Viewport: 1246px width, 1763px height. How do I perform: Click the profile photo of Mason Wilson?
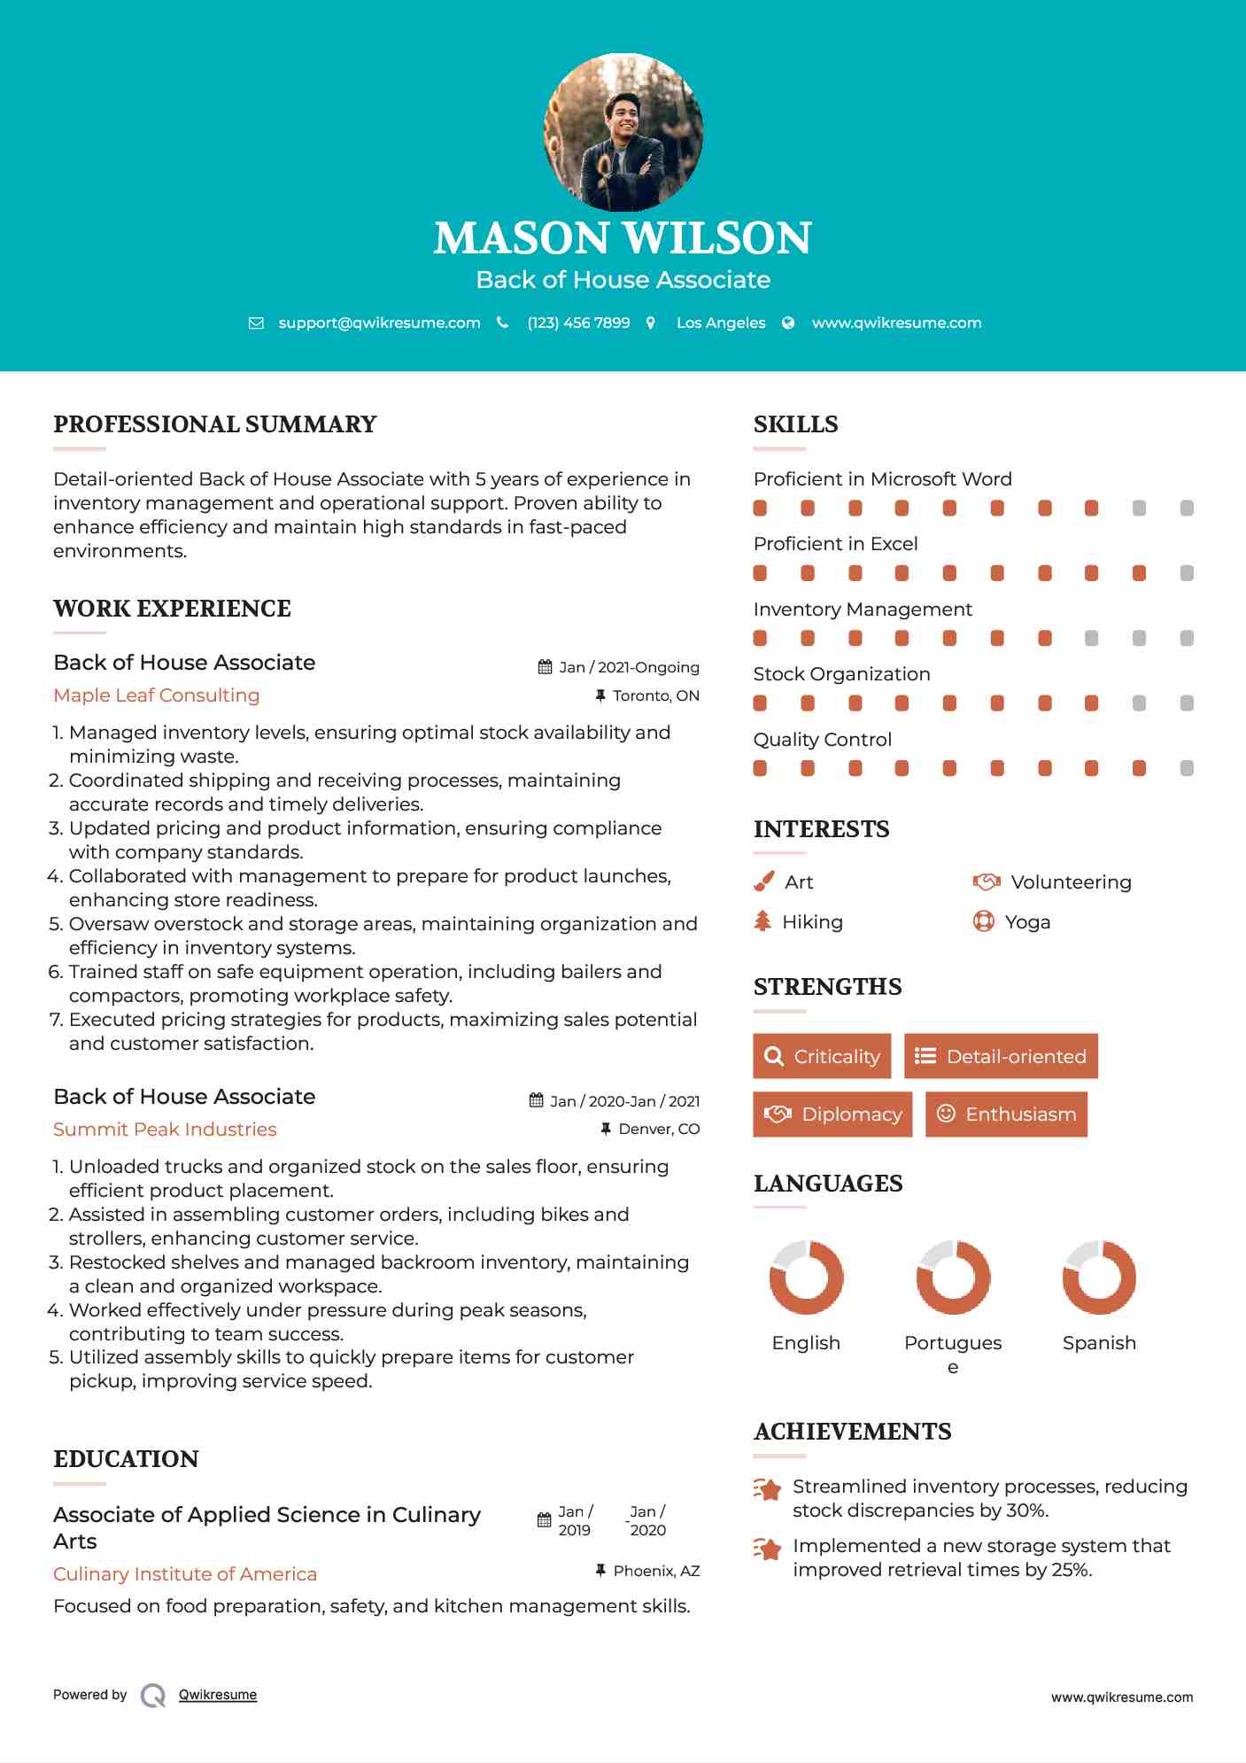[623, 133]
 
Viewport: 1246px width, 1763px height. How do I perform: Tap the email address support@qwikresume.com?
[379, 323]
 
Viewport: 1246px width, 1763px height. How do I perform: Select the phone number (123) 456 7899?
[578, 323]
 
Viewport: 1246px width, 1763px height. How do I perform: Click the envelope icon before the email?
[256, 323]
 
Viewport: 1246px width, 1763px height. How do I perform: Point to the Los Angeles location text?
[721, 323]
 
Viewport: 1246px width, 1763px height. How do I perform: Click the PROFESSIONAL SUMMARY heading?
[215, 424]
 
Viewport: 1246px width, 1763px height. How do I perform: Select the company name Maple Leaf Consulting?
[157, 695]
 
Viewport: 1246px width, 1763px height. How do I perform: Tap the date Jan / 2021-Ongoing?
[629, 667]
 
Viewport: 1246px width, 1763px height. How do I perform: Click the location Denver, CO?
[659, 1129]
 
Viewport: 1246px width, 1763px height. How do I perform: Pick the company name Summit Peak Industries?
[165, 1130]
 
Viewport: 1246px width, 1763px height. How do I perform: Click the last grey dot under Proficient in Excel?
[1187, 573]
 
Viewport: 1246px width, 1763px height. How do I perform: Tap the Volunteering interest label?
[1071, 882]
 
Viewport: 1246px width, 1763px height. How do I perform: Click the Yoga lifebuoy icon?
[983, 921]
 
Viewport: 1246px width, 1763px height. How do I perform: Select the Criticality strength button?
[822, 1056]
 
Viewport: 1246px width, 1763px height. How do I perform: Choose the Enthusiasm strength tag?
[1006, 1114]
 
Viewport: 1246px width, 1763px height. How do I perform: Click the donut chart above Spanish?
[1099, 1278]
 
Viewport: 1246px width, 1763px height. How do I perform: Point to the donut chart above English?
[806, 1278]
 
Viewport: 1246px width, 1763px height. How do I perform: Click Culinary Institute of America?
[185, 1574]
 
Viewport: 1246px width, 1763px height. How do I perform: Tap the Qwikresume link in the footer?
[218, 1695]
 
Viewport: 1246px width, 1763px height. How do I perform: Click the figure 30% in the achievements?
[1026, 1511]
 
